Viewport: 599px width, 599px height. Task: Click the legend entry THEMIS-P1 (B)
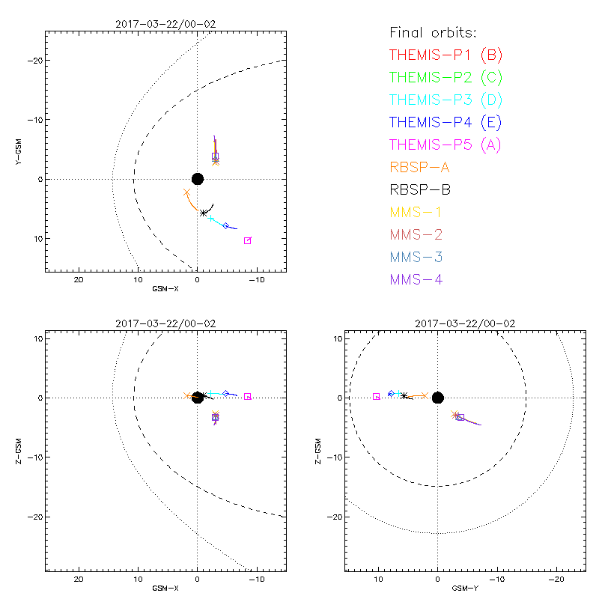446,55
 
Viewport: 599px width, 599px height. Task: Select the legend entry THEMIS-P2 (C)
446,77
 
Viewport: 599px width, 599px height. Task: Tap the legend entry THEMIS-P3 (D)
446,100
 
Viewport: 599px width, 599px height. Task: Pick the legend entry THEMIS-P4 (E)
446,122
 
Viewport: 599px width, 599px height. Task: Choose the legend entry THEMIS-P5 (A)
446,145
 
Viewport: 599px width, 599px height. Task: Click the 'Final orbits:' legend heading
434,32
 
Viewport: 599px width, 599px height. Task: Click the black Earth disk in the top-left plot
198,178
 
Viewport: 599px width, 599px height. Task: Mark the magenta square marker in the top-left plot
247,240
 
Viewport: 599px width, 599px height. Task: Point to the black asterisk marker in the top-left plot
204,213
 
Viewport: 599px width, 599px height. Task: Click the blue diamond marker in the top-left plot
225,225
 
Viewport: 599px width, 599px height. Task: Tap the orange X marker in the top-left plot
186,192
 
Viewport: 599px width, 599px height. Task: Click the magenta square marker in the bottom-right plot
377,396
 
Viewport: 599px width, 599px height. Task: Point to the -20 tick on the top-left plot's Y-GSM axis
34,61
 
